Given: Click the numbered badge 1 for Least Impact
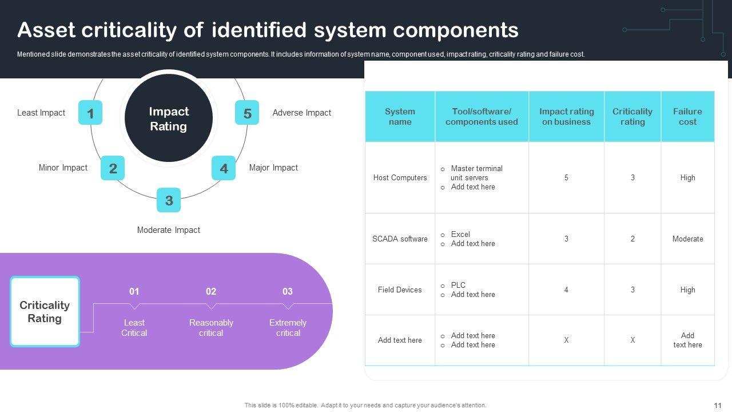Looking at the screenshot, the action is click(x=90, y=113).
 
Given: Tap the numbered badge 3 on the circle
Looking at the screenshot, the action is click(x=169, y=200).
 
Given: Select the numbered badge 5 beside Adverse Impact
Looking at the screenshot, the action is click(x=247, y=113).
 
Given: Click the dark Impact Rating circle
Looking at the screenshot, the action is click(x=169, y=118).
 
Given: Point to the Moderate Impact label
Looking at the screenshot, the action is click(x=169, y=230).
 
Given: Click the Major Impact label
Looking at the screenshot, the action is click(x=273, y=168).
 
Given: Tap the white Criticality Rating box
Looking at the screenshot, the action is click(x=45, y=312).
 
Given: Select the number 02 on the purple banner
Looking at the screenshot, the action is click(x=211, y=291).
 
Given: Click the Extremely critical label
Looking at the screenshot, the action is click(x=288, y=328).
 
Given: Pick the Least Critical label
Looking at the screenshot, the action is click(x=134, y=328).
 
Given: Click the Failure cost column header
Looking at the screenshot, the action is click(x=687, y=116).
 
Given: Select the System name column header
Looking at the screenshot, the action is click(x=400, y=116).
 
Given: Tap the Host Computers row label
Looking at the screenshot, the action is click(x=400, y=177).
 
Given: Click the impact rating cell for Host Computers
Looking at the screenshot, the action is click(x=566, y=177).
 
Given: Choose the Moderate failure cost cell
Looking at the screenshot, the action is click(x=687, y=239).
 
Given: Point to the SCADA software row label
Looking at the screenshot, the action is click(x=400, y=239).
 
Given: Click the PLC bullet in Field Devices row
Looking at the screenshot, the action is click(x=458, y=285).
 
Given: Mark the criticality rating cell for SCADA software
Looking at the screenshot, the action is click(x=632, y=239).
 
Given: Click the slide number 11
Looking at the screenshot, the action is click(x=718, y=406).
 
